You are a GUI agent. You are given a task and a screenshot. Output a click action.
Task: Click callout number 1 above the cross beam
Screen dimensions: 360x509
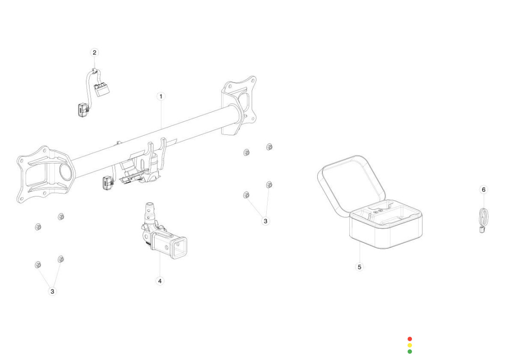pos(161,96)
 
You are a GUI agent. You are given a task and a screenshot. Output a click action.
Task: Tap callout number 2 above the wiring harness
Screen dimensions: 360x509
pos(94,52)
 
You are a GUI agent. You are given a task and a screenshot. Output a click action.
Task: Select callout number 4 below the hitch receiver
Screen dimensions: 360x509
pos(160,281)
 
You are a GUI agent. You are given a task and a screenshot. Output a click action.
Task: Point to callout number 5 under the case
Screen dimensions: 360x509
pos(360,267)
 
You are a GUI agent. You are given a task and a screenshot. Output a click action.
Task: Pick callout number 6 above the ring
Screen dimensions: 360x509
pos(483,189)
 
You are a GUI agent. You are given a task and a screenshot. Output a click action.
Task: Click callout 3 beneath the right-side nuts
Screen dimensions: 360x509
pos(265,221)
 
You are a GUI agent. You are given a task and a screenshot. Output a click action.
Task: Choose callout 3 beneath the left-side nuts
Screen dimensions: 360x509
pos(52,291)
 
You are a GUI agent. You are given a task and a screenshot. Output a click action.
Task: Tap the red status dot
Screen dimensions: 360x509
pos(410,339)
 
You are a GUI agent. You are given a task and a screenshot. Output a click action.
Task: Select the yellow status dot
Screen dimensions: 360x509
pos(410,345)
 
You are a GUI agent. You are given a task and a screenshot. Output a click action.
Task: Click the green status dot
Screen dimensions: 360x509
pos(410,351)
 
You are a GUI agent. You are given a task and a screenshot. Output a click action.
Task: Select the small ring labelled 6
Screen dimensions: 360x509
pos(484,218)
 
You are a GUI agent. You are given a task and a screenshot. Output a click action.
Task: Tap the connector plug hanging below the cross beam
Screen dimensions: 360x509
pos(107,182)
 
